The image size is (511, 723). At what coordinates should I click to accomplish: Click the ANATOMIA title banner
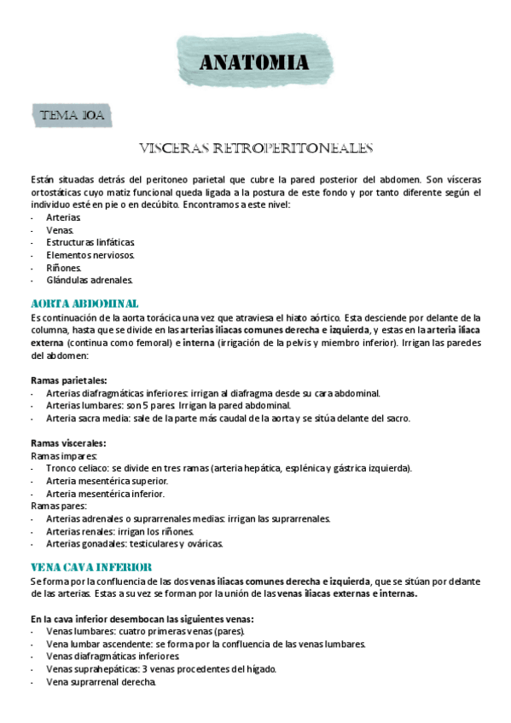tap(253, 62)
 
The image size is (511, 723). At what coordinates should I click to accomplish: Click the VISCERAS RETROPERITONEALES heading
tap(256, 149)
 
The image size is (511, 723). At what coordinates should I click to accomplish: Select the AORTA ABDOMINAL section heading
tap(84, 304)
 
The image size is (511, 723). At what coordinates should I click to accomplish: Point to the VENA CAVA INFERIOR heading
tap(91, 567)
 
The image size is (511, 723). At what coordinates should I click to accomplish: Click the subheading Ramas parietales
tap(68, 380)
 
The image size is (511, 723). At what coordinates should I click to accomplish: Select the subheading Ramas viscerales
tap(68, 443)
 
